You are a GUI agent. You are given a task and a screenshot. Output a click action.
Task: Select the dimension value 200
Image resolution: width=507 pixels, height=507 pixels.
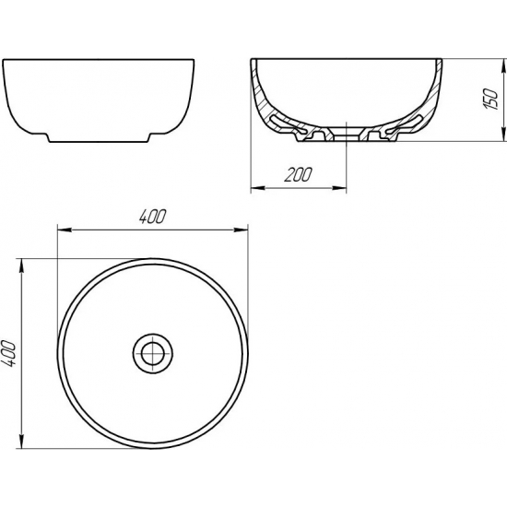[299, 174]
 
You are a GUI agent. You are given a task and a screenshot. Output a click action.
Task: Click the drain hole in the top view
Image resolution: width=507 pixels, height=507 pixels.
[151, 351]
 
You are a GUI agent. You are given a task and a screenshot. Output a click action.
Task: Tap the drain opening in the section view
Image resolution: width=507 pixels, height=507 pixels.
[346, 134]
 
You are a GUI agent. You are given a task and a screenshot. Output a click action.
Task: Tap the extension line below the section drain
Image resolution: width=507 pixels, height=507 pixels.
[346, 166]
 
